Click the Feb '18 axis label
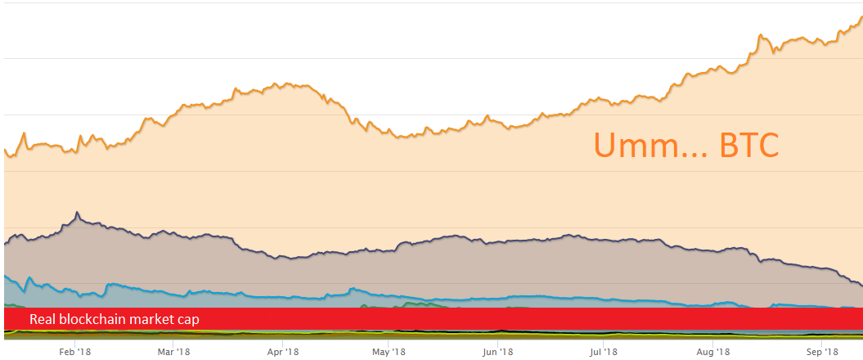click(75, 351)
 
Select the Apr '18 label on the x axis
click(281, 351)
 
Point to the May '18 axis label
click(389, 351)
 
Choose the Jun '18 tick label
click(497, 351)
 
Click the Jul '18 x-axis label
click(603, 351)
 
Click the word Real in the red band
click(43, 319)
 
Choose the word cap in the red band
click(188, 319)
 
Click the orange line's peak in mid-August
click(761, 35)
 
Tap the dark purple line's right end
click(861, 285)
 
